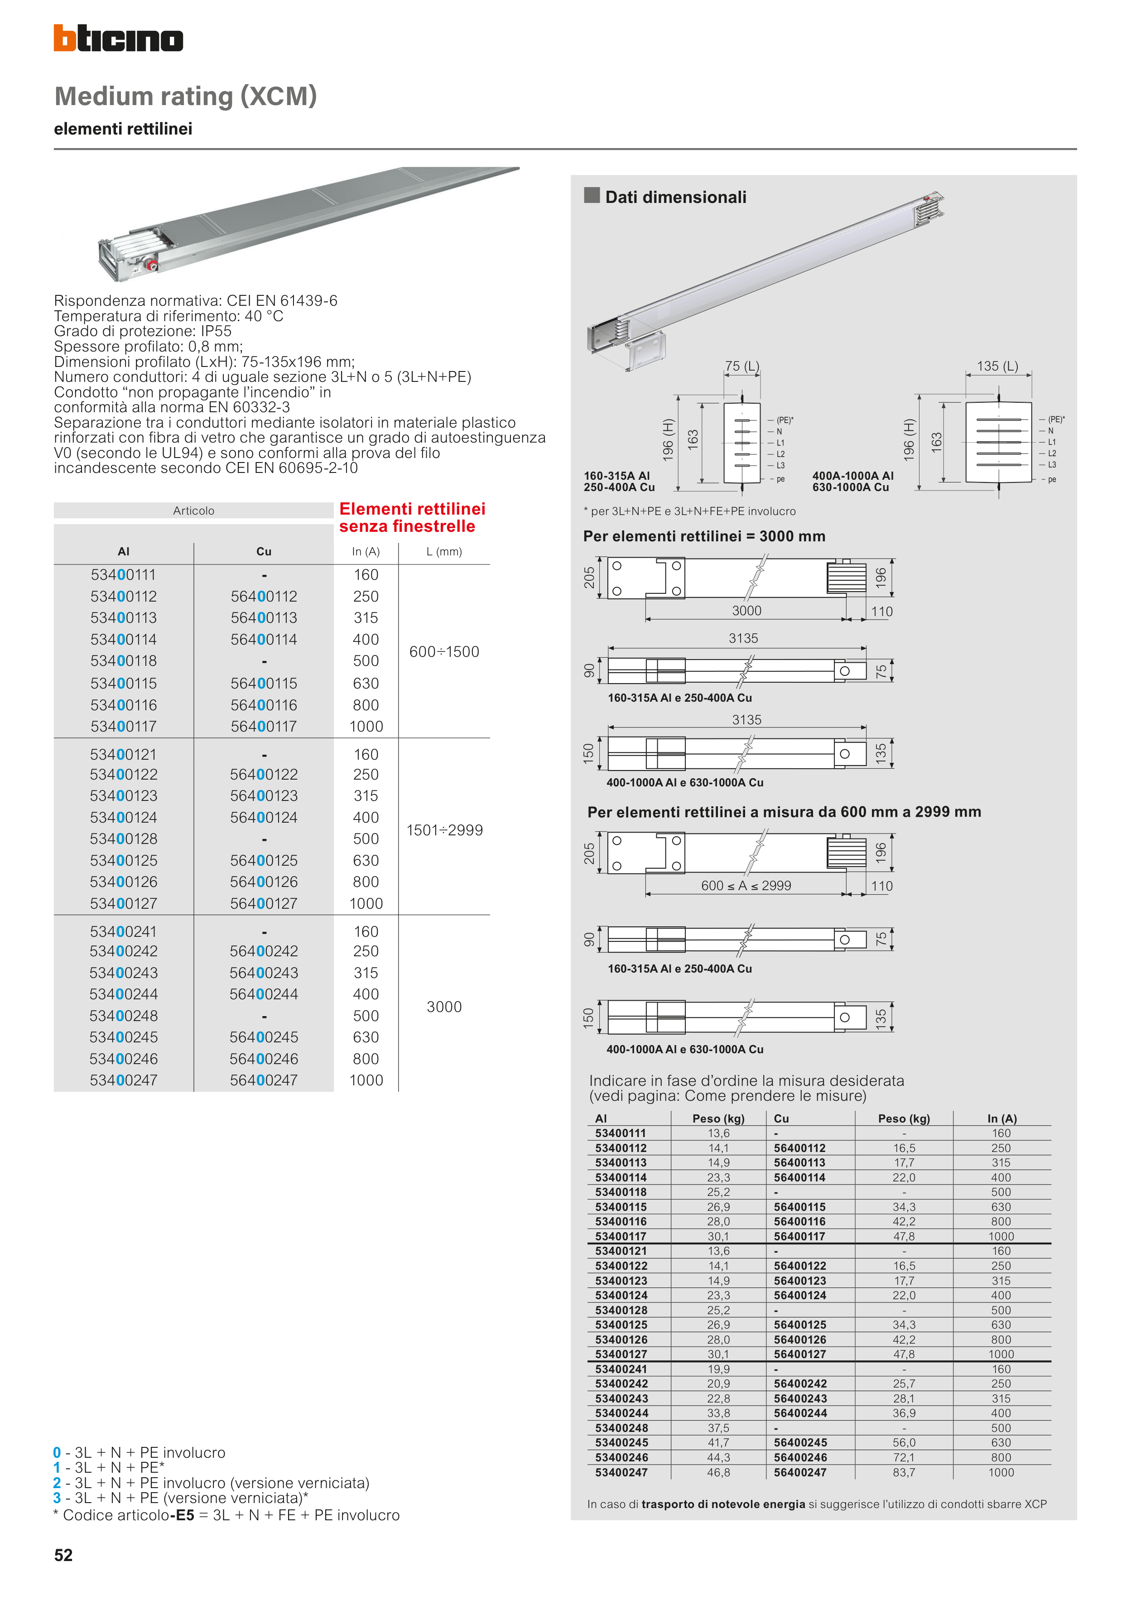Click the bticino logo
119,39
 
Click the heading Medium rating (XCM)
185,96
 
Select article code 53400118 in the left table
123,660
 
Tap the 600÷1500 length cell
444,651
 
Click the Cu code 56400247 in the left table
264,1080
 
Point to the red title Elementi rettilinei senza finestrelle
412,518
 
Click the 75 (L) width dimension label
742,366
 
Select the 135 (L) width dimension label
997,366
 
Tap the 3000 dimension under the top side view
746,611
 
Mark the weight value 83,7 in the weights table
904,1472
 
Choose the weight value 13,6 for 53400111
718,1133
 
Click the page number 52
63,1555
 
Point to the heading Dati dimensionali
675,197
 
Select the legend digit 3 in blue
57,1498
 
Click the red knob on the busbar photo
150,265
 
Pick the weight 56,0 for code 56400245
904,1442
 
